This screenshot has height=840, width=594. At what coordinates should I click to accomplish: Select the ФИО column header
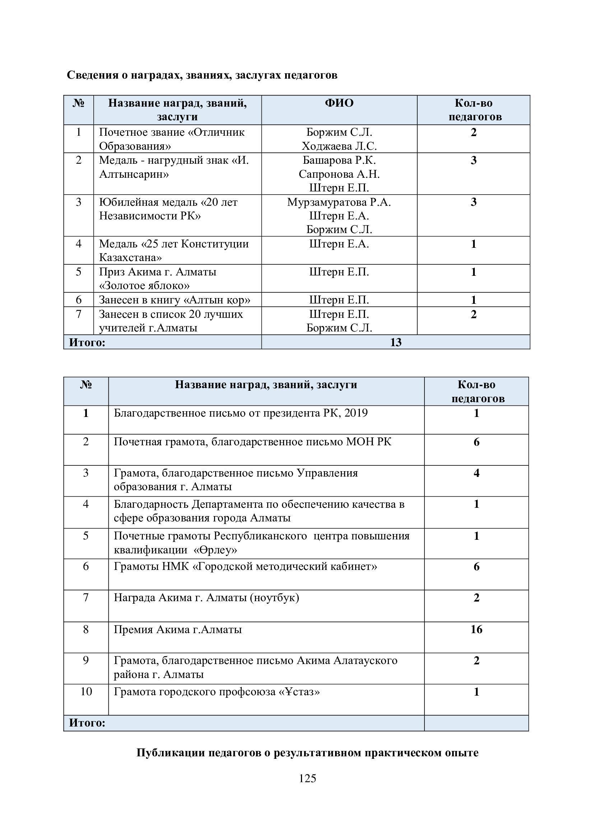(339, 103)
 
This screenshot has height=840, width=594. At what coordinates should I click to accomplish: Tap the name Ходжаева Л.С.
(339, 146)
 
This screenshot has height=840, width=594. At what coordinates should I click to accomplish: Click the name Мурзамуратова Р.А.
(339, 202)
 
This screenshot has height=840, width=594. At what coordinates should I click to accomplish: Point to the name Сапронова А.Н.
(339, 174)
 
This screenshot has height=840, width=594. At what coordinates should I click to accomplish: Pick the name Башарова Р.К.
(339, 160)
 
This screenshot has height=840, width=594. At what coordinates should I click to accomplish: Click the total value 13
(396, 342)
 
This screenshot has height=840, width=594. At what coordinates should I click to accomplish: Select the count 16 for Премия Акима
(476, 629)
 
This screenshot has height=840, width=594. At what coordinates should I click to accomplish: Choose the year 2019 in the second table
(356, 413)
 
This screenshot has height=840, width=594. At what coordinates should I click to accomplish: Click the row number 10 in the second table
(86, 691)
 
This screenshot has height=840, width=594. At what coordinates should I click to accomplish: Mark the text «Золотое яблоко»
(144, 286)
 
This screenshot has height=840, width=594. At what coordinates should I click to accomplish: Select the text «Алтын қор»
(217, 300)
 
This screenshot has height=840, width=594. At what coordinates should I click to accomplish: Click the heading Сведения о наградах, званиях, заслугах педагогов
(202, 75)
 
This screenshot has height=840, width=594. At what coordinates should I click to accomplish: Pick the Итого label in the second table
(87, 723)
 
